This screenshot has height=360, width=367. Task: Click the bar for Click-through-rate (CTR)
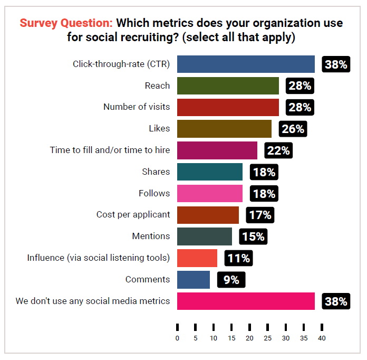pos(246,64)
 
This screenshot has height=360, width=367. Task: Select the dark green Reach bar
pos(228,86)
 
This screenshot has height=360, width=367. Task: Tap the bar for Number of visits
pos(228,107)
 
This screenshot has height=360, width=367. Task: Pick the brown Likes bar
pos(224,129)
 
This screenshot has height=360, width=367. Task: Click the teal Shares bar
pos(210,172)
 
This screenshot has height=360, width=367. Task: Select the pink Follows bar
pos(210,193)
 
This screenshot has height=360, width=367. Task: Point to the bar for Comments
pos(194,279)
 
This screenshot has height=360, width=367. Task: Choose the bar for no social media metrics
pos(246,301)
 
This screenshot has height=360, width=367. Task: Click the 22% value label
pos(278,150)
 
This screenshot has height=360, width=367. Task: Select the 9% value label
pos(231,280)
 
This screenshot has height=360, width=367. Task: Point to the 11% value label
pos(238,258)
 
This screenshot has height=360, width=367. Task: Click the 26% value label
pos(293,129)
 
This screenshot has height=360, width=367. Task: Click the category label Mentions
pos(151,236)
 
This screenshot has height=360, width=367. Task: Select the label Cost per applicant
pos(133,214)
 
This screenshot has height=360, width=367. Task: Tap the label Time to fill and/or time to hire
pos(110,150)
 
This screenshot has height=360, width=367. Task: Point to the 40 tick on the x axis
pos(322,338)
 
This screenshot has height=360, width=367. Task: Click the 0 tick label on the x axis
pos(177,338)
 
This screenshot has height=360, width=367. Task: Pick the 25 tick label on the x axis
pos(267,338)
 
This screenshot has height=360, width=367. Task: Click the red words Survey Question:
pos(66,23)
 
